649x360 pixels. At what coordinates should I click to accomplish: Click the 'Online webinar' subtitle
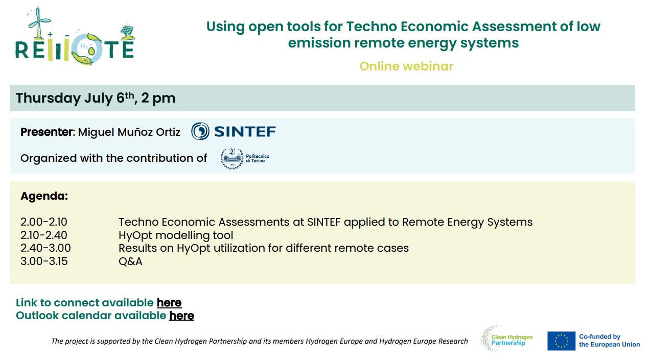[406, 66]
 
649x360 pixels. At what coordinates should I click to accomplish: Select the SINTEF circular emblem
[200, 131]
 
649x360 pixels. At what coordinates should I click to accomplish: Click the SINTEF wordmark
[245, 131]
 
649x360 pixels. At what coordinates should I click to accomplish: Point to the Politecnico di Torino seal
[232, 158]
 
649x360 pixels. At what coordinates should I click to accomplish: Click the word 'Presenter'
[47, 132]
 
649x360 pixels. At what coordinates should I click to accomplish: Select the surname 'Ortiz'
[168, 132]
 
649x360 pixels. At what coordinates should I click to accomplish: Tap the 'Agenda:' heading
[44, 196]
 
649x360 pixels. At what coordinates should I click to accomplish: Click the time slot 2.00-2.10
[44, 222]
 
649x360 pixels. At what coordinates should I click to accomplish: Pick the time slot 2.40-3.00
[45, 248]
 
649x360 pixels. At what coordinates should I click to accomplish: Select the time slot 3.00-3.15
[44, 261]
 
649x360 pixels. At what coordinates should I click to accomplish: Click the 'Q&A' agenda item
[130, 261]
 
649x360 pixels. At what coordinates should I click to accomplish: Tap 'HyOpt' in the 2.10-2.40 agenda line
[135, 235]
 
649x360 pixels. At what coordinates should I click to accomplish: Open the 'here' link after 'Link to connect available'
[169, 303]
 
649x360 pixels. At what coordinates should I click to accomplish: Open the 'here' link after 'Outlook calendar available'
[181, 316]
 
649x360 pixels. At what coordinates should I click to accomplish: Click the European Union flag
[561, 341]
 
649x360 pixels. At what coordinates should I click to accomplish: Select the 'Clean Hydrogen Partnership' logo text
[512, 340]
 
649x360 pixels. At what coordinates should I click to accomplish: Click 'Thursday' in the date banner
[48, 98]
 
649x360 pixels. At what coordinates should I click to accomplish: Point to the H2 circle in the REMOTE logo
[87, 49]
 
